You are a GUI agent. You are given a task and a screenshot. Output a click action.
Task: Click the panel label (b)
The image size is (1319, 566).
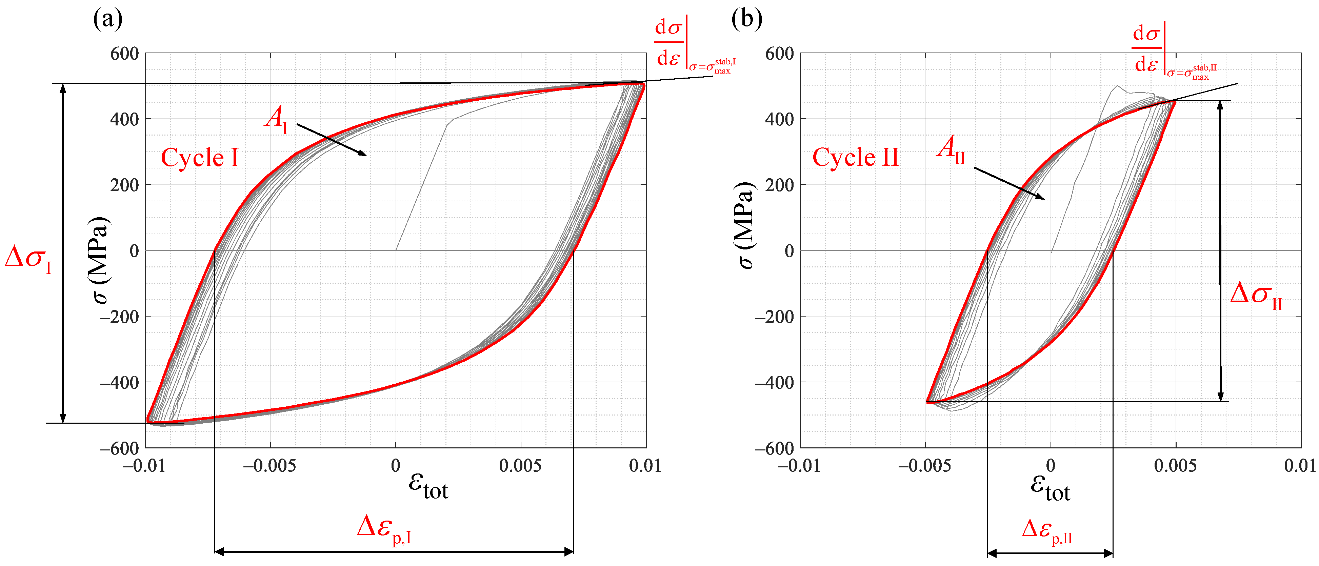[746, 19]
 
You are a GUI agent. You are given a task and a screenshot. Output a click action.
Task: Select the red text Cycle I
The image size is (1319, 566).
[200, 158]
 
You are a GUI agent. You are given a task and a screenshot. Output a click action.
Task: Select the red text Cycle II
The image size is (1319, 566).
[855, 157]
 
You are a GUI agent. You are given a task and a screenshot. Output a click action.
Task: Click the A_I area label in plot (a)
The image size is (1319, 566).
[277, 119]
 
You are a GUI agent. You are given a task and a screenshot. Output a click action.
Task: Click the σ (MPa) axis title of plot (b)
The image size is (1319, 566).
[745, 225]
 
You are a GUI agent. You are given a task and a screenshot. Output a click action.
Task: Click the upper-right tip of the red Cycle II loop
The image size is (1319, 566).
[1175, 101]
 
